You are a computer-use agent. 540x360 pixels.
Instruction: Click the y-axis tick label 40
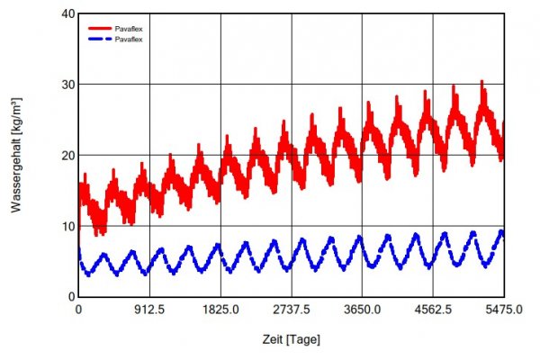66,14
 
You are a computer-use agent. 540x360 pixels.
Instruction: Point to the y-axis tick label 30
66,85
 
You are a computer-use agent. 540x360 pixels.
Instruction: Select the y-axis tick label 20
66,155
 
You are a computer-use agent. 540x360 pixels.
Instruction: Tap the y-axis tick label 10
66,226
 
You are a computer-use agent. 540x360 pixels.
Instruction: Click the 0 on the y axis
69,296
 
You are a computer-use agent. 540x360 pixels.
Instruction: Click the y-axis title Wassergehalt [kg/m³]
17,155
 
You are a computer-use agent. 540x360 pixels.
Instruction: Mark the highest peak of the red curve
481,82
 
